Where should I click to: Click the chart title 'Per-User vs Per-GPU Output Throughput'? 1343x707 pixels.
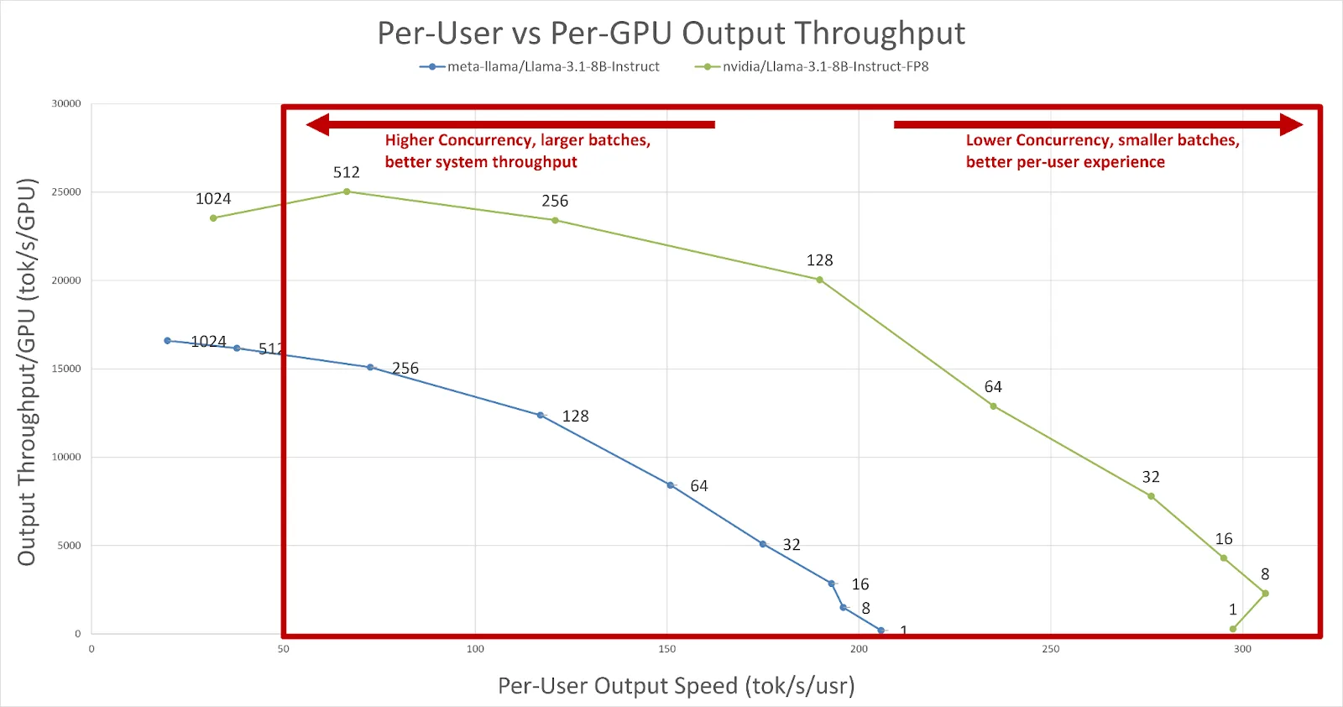tap(671, 34)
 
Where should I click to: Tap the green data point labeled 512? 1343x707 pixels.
tap(347, 191)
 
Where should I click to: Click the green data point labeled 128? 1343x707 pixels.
tap(820, 280)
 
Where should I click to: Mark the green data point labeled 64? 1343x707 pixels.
tap(994, 406)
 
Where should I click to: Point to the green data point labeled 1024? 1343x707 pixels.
tap(213, 218)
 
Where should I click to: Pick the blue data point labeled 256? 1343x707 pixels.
tap(370, 367)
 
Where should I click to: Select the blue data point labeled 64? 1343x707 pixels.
tap(670, 485)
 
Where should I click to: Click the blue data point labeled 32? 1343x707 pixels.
tap(763, 544)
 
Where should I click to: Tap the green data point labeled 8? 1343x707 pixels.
tap(1265, 594)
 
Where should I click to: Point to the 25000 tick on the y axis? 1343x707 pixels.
tap(66, 192)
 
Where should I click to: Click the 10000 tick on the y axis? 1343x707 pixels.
tap(66, 458)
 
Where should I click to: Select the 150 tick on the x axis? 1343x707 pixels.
tap(667, 649)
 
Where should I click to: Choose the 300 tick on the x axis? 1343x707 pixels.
tap(1242, 649)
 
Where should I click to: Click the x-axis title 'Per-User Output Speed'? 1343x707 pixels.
tap(676, 686)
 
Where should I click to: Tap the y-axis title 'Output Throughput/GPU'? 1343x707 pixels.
tap(27, 372)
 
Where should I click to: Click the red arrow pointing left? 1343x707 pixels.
tap(510, 125)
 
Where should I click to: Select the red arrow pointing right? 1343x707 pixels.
tap(1098, 125)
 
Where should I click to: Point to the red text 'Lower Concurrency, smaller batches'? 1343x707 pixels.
tap(1102, 140)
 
